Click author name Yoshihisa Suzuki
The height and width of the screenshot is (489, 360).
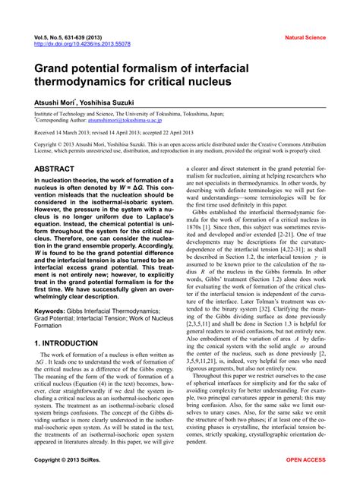tap(115, 103)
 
